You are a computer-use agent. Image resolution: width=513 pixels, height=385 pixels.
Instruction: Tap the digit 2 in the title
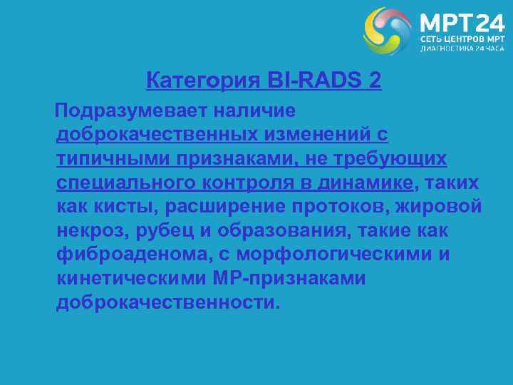[x=375, y=81]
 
